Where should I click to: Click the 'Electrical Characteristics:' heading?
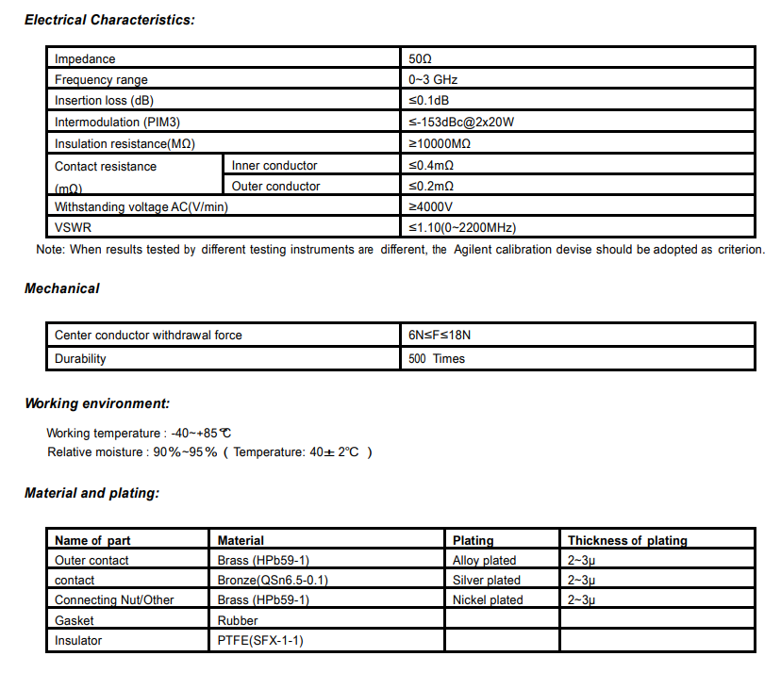point(109,20)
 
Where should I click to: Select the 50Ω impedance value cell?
point(420,59)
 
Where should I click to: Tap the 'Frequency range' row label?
point(101,80)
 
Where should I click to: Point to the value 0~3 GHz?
point(433,80)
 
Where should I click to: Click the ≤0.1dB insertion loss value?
point(429,101)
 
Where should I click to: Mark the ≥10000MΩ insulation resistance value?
point(440,144)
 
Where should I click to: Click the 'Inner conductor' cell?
point(274,166)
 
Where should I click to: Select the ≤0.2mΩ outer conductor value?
point(431,187)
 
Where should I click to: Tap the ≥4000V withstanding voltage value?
point(431,207)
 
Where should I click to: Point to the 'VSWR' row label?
point(73,228)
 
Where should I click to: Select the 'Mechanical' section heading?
point(61,288)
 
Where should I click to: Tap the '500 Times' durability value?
point(437,359)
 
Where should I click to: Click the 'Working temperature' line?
point(138,433)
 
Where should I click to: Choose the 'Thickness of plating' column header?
point(627,541)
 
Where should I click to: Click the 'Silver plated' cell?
point(487,581)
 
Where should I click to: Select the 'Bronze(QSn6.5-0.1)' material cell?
point(273,581)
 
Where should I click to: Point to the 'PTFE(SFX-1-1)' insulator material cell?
point(260,641)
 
